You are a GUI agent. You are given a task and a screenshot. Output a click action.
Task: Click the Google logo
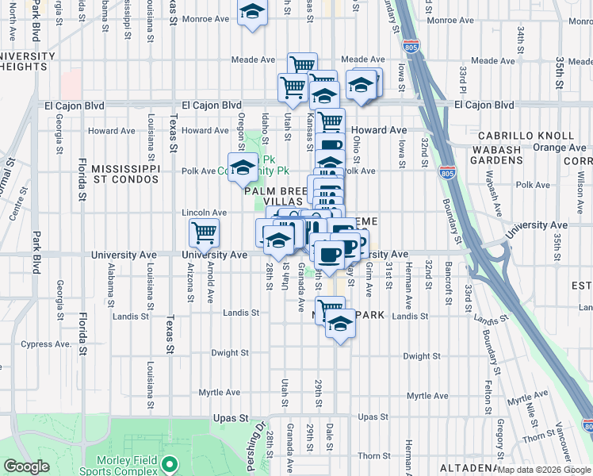click(27, 466)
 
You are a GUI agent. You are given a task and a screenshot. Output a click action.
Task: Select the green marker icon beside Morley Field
click(168, 463)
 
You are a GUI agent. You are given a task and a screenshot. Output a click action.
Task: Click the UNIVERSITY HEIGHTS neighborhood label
click(29, 61)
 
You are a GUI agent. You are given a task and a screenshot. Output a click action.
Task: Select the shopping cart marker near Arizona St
click(204, 233)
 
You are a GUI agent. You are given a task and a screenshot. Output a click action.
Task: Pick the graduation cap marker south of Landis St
click(340, 324)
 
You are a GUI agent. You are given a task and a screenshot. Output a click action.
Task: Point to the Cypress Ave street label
click(52, 344)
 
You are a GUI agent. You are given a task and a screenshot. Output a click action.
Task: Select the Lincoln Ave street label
click(205, 213)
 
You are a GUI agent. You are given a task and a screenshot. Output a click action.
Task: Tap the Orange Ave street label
click(559, 148)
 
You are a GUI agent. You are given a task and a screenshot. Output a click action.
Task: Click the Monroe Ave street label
click(205, 19)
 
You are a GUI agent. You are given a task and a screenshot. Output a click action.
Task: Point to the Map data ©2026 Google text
click(544, 470)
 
